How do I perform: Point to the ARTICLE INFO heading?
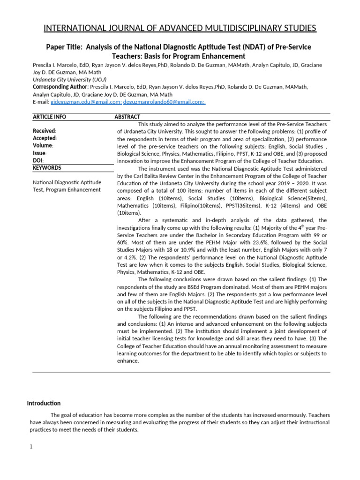pyautogui.click(x=49, y=117)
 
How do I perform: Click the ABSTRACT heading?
pyautogui.click(x=127, y=117)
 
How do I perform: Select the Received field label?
pyautogui.click(x=44, y=131)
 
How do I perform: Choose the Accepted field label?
pyautogui.click(x=45, y=138)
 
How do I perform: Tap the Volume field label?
pyautogui.click(x=43, y=145)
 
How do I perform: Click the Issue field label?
pyautogui.click(x=39, y=153)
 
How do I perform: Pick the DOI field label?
pyautogui.click(x=38, y=160)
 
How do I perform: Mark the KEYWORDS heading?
pyautogui.click(x=47, y=168)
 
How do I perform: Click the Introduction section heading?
pyautogui.click(x=44, y=403)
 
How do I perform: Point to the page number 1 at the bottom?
pyautogui.click(x=31, y=446)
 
